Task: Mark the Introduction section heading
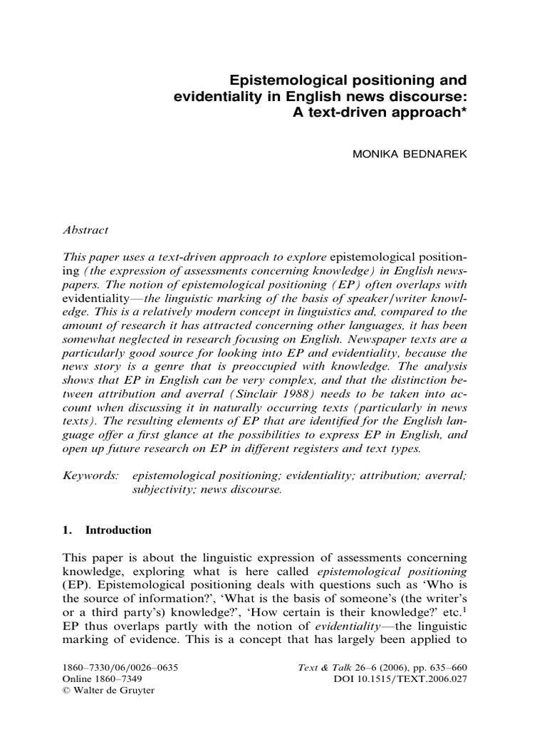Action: (x=118, y=530)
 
